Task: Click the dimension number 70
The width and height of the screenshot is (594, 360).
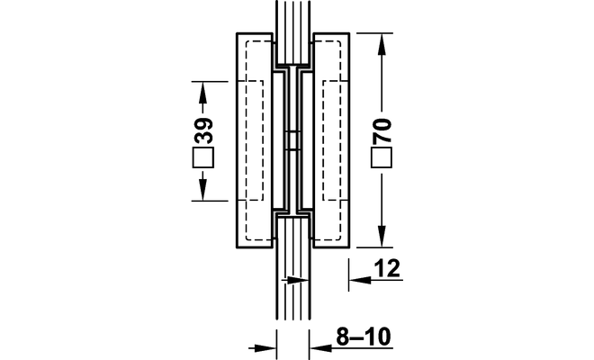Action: click(x=382, y=130)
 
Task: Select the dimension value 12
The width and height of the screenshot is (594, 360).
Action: click(x=387, y=268)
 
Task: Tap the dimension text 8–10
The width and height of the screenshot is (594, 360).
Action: click(x=364, y=337)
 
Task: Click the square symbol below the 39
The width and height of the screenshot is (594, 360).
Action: click(x=203, y=157)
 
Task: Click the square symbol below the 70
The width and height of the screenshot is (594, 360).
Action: click(x=382, y=157)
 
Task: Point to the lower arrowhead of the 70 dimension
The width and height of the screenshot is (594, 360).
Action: click(x=382, y=236)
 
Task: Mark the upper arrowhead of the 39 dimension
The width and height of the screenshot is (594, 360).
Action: click(x=203, y=93)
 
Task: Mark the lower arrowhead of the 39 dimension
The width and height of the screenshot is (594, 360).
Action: click(x=203, y=190)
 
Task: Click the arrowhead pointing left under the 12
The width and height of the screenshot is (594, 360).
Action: click(x=360, y=280)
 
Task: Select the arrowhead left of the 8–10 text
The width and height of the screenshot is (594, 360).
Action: click(x=320, y=347)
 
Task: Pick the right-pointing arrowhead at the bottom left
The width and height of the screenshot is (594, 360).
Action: click(x=265, y=347)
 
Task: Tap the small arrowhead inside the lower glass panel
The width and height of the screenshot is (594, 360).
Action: click(x=298, y=281)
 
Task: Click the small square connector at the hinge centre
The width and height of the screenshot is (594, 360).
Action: click(x=292, y=140)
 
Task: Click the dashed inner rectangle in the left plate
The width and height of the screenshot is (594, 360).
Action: click(x=255, y=140)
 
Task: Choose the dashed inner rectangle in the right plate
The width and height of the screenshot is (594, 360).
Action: click(x=331, y=140)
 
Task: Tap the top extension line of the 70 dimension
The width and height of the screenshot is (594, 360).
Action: click(x=374, y=33)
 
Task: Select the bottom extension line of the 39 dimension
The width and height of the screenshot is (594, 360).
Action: click(x=210, y=201)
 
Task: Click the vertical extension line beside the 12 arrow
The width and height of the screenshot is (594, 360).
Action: click(x=349, y=275)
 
